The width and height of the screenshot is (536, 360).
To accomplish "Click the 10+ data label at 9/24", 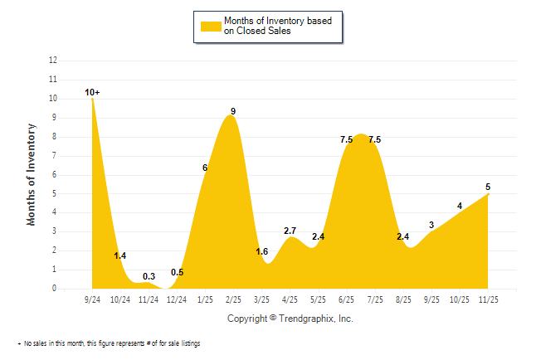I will pyautogui.click(x=92, y=92).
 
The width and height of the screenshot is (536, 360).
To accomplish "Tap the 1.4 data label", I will pyautogui.click(x=120, y=256).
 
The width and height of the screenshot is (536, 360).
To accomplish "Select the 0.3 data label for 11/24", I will pyautogui.click(x=149, y=276).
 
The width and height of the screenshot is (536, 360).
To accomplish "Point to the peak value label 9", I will pyautogui.click(x=233, y=111).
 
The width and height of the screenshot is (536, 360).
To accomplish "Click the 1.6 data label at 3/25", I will pyautogui.click(x=261, y=252).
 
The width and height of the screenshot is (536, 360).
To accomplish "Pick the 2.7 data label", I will pyautogui.click(x=290, y=231).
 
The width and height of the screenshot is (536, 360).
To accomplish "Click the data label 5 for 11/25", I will pyautogui.click(x=488, y=187).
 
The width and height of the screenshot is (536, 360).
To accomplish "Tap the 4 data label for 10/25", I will pyautogui.click(x=460, y=206).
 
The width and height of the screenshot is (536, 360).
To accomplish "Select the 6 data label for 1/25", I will pyautogui.click(x=205, y=168).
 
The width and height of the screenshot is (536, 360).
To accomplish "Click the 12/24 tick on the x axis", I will pyautogui.click(x=177, y=299).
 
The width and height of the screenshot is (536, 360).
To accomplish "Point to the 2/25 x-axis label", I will pyautogui.click(x=233, y=299).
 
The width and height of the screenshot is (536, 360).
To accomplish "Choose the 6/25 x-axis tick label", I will pyautogui.click(x=347, y=299).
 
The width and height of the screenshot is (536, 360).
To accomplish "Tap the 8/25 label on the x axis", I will pyautogui.click(x=403, y=299).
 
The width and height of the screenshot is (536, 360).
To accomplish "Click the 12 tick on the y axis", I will pyautogui.click(x=53, y=61).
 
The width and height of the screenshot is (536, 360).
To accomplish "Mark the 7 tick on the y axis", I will pyautogui.click(x=55, y=156).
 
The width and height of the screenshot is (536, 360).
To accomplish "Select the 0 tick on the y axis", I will pyautogui.click(x=55, y=289).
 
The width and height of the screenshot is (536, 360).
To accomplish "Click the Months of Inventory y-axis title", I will pyautogui.click(x=32, y=174).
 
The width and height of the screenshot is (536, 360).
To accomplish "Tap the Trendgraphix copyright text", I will pyautogui.click(x=290, y=318).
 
